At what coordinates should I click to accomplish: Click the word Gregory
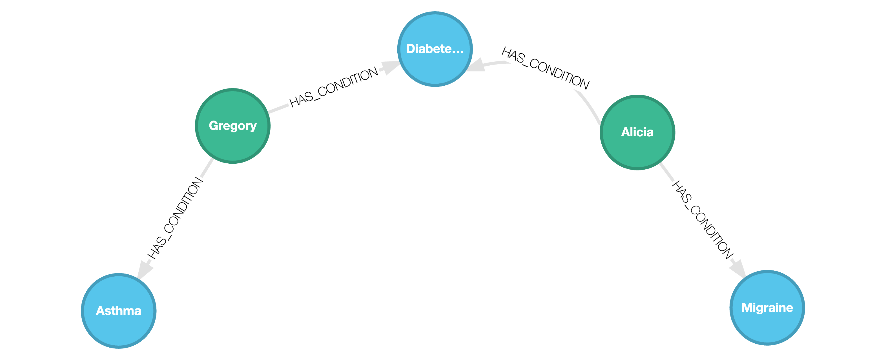coord(232,126)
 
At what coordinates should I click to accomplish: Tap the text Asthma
coord(119,310)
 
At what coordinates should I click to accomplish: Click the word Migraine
coord(767,307)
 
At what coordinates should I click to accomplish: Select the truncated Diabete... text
coord(435,49)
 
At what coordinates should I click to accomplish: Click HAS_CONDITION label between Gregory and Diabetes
coord(334,87)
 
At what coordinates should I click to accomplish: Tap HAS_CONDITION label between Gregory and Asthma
coord(175,219)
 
